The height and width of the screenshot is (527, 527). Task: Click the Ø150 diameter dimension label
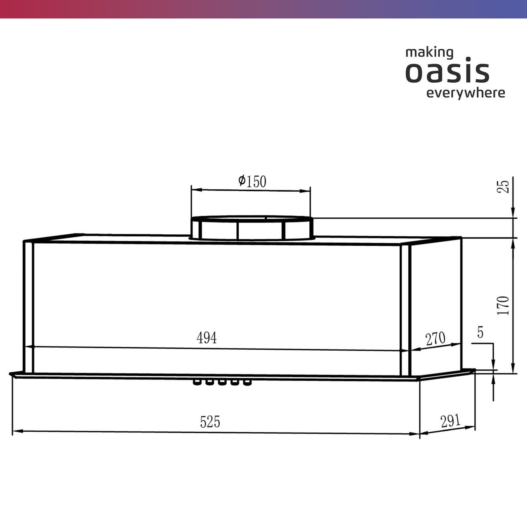[x=252, y=181]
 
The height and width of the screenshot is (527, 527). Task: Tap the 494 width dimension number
[x=206, y=338]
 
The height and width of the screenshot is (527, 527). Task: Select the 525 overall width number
[x=210, y=422]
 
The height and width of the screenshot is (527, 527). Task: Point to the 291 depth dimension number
[x=450, y=421]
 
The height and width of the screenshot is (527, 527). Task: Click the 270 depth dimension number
[x=435, y=338]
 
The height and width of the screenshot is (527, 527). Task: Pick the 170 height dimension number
[x=503, y=306]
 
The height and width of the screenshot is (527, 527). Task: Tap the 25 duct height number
[x=503, y=187]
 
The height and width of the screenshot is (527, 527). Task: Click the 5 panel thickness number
[x=480, y=332]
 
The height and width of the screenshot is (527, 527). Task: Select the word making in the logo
[x=429, y=53]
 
